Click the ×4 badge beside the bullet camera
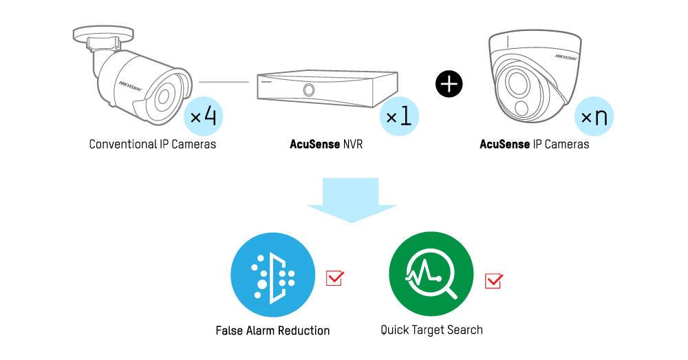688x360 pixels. pyautogui.click(x=204, y=116)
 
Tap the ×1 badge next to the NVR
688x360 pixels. pyautogui.click(x=399, y=116)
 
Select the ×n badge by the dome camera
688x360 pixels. pyautogui.click(x=594, y=116)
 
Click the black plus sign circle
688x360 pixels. pyautogui.click(x=449, y=83)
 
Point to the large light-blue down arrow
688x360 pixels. pyautogui.click(x=352, y=200)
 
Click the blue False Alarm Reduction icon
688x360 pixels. pyautogui.click(x=273, y=275)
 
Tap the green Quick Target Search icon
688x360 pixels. pyautogui.click(x=431, y=275)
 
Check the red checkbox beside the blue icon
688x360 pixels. pyautogui.click(x=335, y=278)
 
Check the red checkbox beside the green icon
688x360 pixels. pyautogui.click(x=493, y=281)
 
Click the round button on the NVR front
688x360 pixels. pyautogui.click(x=309, y=90)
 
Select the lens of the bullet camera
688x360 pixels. pyautogui.click(x=164, y=97)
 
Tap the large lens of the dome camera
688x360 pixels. pyautogui.click(x=518, y=82)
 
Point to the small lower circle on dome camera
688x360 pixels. pyautogui.click(x=522, y=109)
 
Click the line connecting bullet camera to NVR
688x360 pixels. pyautogui.click(x=224, y=82)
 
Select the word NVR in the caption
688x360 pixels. pyautogui.click(x=353, y=145)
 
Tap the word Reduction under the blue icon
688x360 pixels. pyautogui.click(x=303, y=330)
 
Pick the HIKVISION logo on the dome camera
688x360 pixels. pyautogui.click(x=566, y=56)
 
